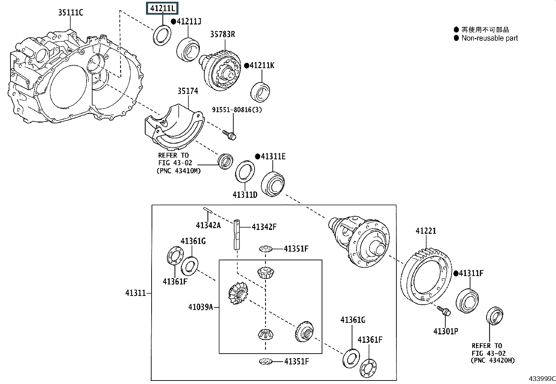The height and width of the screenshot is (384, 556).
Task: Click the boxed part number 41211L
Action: click(x=163, y=8)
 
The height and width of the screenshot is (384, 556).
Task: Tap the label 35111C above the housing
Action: click(x=71, y=13)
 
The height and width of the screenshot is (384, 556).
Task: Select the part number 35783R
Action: click(x=222, y=34)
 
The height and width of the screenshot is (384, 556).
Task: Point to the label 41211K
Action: click(x=262, y=65)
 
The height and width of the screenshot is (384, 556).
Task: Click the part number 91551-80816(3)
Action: click(x=237, y=110)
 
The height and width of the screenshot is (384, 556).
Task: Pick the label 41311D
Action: click(x=245, y=195)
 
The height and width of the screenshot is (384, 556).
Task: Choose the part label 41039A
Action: click(x=200, y=307)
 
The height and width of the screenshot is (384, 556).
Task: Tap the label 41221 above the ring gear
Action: click(x=426, y=231)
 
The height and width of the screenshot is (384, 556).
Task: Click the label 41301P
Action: click(x=446, y=331)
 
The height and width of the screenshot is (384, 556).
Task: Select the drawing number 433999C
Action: click(x=542, y=379)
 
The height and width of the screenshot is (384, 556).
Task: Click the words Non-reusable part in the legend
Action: click(x=490, y=38)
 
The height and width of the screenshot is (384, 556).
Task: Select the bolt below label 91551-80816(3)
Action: click(x=229, y=135)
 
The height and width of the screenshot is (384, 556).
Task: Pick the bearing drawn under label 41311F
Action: click(x=467, y=300)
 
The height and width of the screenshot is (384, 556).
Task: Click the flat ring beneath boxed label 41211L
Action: click(x=162, y=35)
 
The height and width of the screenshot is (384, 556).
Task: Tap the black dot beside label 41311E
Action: click(x=257, y=157)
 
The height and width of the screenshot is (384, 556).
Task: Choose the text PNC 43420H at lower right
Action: click(x=492, y=360)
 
